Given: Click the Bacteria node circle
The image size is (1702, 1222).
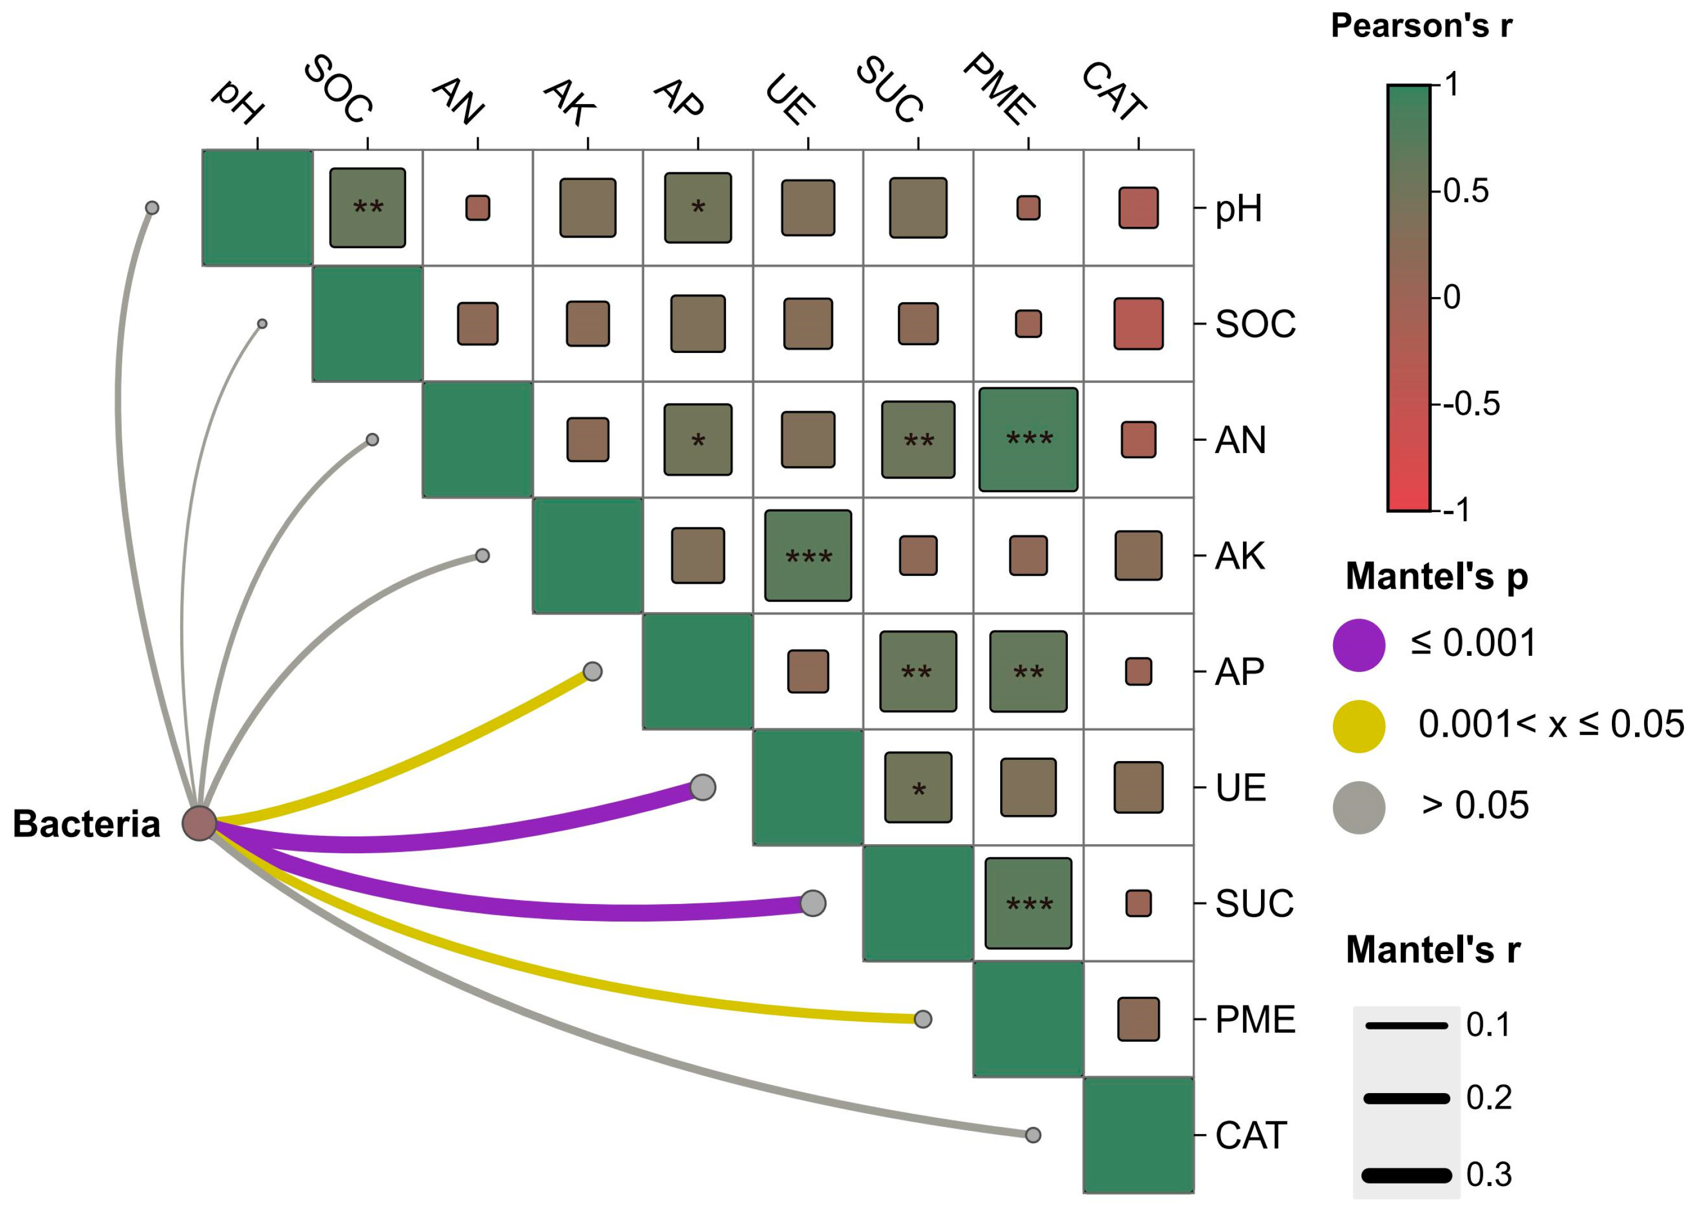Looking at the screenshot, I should coord(199,823).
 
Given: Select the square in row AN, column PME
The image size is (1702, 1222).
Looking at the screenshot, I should coord(1028,440).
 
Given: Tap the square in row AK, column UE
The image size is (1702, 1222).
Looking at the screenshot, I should coord(808,556).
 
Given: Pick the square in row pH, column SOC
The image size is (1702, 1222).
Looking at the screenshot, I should coord(368,208).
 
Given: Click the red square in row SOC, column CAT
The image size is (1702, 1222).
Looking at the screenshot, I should coord(1138,324).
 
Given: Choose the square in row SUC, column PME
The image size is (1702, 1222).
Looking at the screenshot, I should coord(1028,903).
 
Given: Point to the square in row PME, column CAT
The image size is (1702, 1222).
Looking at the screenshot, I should coord(1138,1019).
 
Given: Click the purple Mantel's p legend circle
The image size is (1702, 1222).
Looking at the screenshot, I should coord(1358,644).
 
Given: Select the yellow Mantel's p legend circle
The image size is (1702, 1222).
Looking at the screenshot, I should coord(1358,726).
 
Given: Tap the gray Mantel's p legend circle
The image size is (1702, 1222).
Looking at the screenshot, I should coord(1358,807).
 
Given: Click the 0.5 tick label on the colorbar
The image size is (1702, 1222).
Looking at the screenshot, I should coord(1465,192).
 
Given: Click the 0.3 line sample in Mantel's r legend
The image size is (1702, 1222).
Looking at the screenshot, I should coord(1406,1175).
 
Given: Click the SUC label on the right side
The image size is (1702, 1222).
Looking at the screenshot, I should coord(1255,903).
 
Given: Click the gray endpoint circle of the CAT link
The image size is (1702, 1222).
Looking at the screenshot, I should coord(1032,1135).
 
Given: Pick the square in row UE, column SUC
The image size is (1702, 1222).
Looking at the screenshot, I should coord(918,787).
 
